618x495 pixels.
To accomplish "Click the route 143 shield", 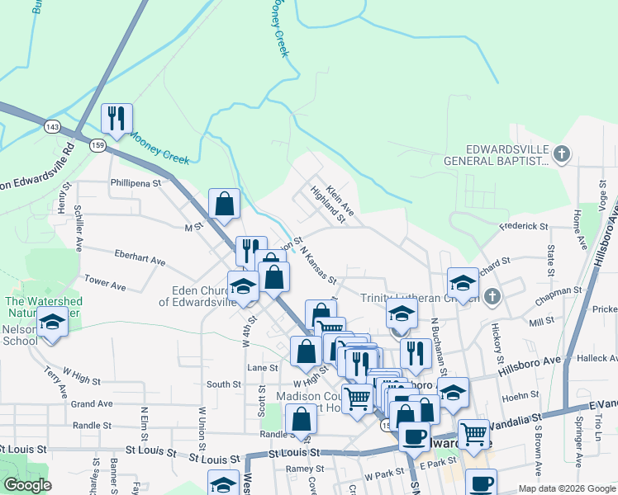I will [x=53, y=126].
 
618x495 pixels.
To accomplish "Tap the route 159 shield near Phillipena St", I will [x=99, y=145].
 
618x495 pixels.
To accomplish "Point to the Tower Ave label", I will [x=104, y=285].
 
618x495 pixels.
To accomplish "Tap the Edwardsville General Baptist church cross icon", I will [x=561, y=153].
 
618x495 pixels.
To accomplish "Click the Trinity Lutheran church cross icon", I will [x=492, y=296].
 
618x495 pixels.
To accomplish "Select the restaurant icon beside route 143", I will [x=116, y=118].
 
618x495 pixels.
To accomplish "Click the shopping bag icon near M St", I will [x=225, y=203].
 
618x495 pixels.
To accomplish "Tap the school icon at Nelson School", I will [x=53, y=323].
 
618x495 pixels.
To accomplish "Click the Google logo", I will [x=27, y=484].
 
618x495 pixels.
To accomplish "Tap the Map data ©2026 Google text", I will [x=566, y=488].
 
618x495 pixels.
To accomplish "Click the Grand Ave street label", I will [x=91, y=404].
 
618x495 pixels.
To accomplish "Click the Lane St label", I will [x=261, y=367].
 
